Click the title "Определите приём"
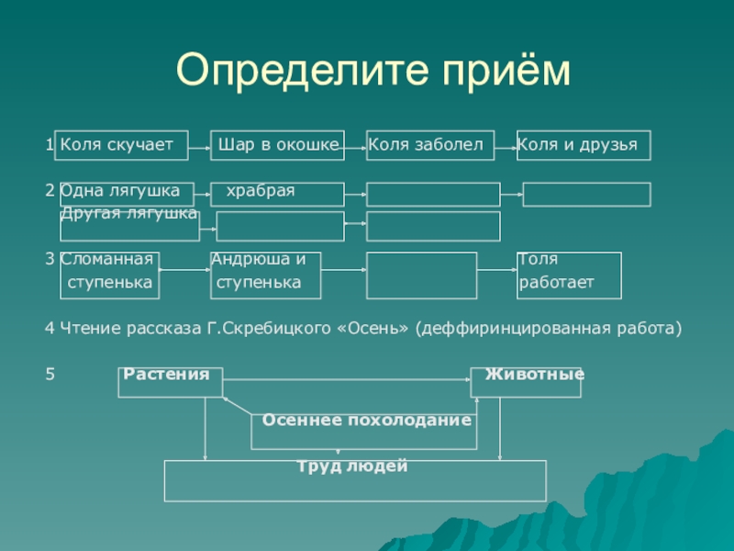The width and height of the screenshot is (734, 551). pos(373,70)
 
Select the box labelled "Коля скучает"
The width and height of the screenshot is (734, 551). pos(121,145)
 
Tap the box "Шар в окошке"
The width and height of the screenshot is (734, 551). pos(278,145)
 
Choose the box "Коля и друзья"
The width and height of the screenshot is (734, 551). pos(584,145)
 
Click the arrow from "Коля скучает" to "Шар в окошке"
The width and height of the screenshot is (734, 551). pos(200,146)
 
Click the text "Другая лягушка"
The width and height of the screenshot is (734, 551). pos(128,213)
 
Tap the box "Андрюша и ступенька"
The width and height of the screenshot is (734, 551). pos(265,275)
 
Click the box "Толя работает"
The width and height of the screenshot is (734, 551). pos(569,275)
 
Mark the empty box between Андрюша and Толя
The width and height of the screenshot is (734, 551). pos(421,275)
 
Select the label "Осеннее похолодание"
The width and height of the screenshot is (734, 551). pos(367,420)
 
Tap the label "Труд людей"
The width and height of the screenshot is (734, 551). pos(352,467)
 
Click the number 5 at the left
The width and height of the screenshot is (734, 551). pos(50,375)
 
